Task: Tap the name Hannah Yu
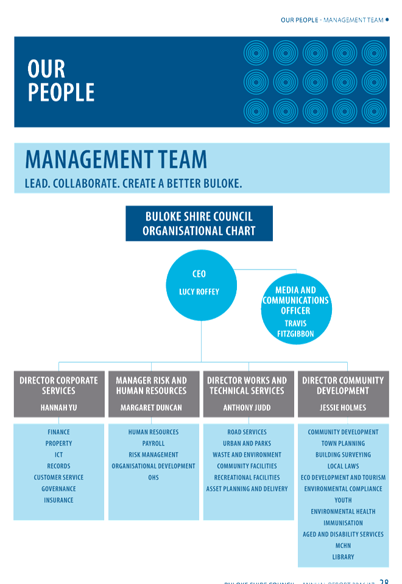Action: point(58,407)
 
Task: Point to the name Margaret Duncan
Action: point(151,407)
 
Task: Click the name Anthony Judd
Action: point(247,407)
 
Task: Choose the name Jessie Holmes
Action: point(343,407)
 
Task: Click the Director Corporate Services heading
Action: point(58,385)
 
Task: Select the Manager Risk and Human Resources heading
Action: point(151,385)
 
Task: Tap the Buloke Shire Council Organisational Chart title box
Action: point(199,224)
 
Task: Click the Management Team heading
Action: point(116,160)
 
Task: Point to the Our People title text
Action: point(61,81)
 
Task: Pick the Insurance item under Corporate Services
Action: point(58,500)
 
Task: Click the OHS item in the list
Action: point(153,477)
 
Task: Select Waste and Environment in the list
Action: point(247,455)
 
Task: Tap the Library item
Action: point(343,557)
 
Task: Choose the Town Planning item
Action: point(343,444)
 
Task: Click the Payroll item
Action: point(153,444)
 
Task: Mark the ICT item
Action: point(58,455)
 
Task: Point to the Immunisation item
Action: point(343,523)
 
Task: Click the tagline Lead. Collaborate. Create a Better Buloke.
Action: point(138,183)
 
